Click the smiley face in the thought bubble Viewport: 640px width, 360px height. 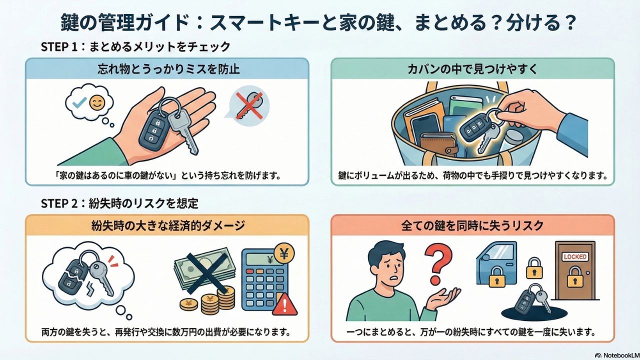coord(97,103)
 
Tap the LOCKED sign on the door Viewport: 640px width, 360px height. coord(575,256)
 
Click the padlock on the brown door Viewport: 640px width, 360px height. coord(575,277)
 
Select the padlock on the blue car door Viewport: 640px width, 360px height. coord(497,276)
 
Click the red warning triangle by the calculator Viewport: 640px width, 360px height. coord(284,304)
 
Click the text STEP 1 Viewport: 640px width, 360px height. coord(59,46)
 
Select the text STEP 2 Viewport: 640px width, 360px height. coord(59,203)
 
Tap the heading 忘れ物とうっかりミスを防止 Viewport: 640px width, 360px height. coord(168,69)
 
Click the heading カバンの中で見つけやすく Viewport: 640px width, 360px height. coord(473,69)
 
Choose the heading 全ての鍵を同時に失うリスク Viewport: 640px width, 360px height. coord(472,225)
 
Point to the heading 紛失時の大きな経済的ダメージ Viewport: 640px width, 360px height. coord(168,225)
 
